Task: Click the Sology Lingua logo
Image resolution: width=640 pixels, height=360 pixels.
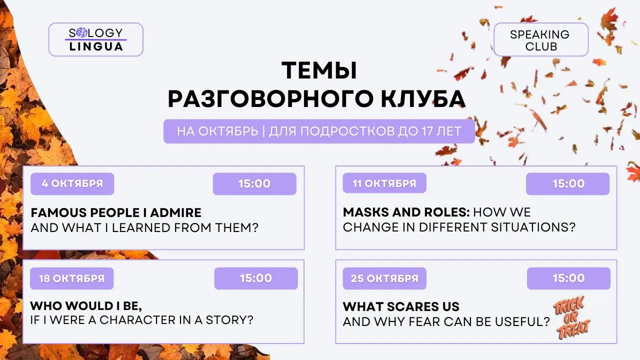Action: pos(95,39)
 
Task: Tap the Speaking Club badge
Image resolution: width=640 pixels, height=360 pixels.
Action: pos(541,39)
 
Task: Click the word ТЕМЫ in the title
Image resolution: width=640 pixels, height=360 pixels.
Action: pos(319,70)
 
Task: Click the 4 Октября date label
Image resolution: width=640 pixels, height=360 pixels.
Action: pos(72,183)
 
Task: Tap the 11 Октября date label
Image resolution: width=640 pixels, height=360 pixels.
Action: pos(384,183)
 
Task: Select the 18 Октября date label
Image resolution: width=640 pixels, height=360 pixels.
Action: pos(71,278)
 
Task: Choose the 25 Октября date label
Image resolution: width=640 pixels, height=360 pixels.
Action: pos(384,278)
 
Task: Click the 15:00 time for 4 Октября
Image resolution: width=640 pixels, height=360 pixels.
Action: pos(254,183)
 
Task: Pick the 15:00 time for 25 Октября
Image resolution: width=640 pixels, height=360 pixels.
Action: pos(568,278)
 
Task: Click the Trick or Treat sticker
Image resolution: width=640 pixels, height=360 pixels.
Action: pos(571,317)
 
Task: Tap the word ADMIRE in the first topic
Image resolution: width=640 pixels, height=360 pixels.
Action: pos(175,213)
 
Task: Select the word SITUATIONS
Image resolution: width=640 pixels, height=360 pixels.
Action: pos(533,227)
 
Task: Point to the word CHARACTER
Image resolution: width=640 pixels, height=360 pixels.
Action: pos(137,320)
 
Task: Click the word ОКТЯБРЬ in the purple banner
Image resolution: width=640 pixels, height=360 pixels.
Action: pos(228,131)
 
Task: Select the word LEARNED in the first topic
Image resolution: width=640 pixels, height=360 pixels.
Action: pos(141,228)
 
